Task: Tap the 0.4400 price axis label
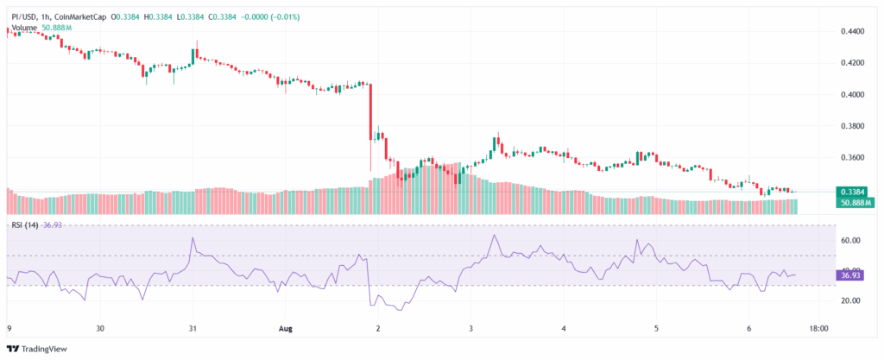click(x=853, y=31)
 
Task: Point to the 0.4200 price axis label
click(x=853, y=63)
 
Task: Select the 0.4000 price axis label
click(x=853, y=95)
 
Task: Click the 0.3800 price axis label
click(x=853, y=126)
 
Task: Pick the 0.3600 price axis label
click(x=853, y=158)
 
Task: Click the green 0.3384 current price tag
click(x=853, y=192)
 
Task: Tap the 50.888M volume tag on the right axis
click(x=853, y=203)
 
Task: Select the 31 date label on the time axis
click(x=193, y=329)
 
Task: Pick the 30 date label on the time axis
click(x=100, y=329)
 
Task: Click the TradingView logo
click(x=39, y=348)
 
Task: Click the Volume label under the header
click(x=24, y=27)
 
